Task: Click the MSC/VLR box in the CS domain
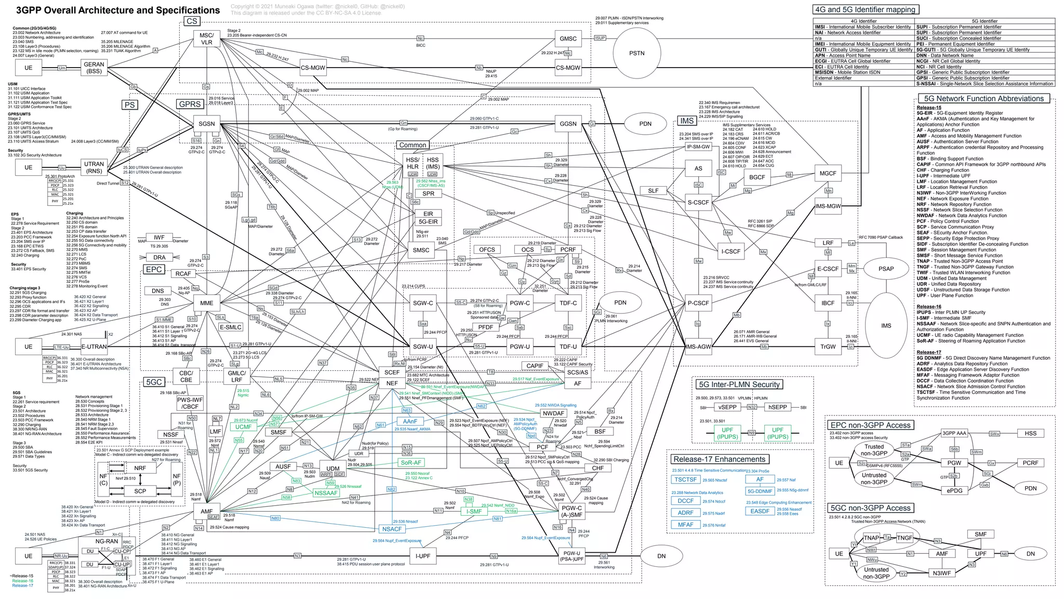point(207,39)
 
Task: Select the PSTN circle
point(636,53)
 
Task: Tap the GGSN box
point(568,124)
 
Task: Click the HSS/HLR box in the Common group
point(413,163)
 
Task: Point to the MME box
point(207,303)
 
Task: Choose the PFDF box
point(486,327)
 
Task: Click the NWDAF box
point(553,413)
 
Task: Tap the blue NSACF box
point(392,529)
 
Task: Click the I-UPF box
point(423,556)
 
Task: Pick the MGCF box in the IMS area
point(828,173)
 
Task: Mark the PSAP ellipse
point(886,269)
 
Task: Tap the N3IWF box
point(941,573)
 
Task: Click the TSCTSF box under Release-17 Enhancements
point(685,479)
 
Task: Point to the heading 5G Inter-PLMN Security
point(739,384)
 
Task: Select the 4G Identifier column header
point(863,21)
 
